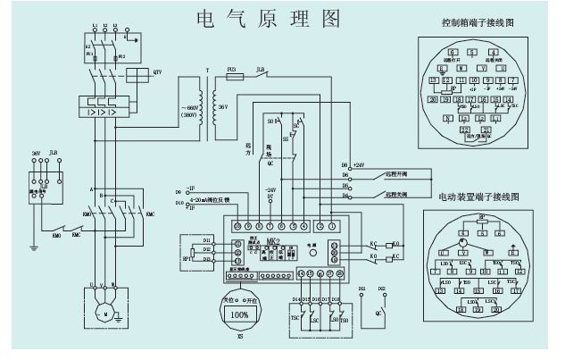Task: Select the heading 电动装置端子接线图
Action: click(478, 196)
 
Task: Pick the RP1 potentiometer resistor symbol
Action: click(187, 252)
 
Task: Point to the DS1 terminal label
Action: click(361, 290)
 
